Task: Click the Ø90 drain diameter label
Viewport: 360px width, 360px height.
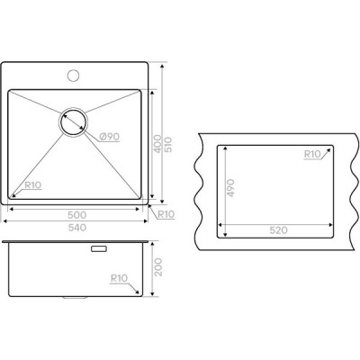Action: (x=110, y=137)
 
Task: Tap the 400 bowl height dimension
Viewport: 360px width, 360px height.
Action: (x=158, y=144)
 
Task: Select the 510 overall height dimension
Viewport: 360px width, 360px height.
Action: (x=168, y=144)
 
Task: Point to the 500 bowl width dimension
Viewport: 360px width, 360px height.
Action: (x=77, y=215)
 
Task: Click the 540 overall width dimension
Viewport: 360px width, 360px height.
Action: (x=77, y=228)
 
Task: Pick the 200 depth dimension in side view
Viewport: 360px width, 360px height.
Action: (x=158, y=267)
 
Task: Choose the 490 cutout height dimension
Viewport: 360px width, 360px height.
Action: (x=230, y=188)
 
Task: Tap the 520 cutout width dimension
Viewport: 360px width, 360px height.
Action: (x=278, y=230)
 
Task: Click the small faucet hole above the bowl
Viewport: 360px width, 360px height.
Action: (x=73, y=75)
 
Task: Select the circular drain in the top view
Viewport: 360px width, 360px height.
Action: (x=73, y=122)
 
